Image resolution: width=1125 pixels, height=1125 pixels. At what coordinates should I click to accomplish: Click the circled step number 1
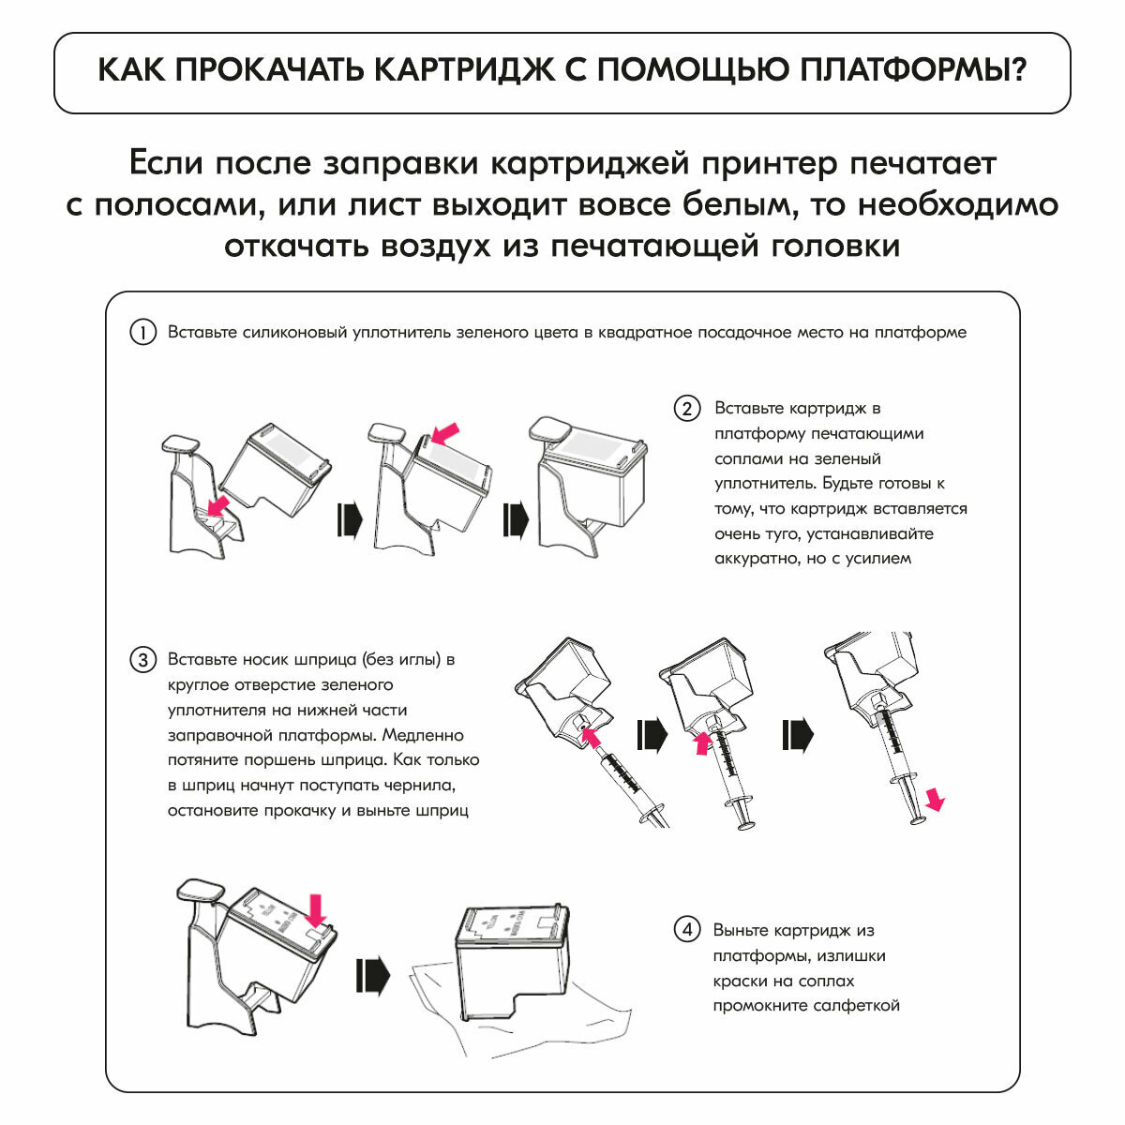click(142, 333)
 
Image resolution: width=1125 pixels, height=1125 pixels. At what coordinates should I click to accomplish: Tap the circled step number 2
click(687, 409)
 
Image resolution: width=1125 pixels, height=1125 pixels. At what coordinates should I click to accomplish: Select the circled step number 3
click(142, 660)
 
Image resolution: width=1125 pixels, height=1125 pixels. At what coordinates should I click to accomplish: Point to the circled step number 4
click(687, 930)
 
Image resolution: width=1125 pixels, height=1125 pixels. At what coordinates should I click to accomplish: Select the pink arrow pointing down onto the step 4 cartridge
click(315, 908)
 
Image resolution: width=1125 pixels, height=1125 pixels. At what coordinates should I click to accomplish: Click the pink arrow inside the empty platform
click(218, 507)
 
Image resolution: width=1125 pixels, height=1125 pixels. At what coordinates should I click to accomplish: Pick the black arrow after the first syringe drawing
click(652, 736)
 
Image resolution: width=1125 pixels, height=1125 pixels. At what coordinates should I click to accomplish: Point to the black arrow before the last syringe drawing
click(797, 736)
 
